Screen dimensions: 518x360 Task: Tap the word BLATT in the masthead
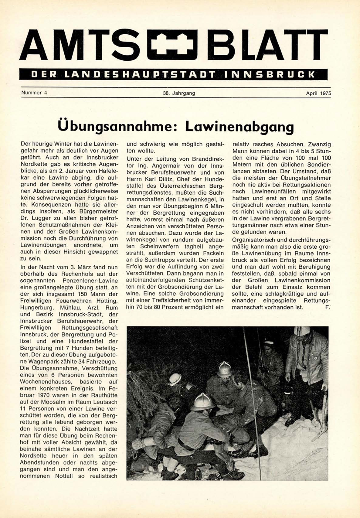[267, 45]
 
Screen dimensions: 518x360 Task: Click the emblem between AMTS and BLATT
[172, 45]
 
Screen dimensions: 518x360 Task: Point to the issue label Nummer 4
[34, 93]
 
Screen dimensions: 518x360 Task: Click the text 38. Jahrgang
[179, 93]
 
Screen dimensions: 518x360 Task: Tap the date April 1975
[318, 93]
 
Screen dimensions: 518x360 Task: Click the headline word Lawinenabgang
[239, 127]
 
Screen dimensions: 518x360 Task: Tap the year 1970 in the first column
[47, 395]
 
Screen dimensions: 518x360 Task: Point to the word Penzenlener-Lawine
[87, 280]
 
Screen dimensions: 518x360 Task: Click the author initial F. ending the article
[327, 307]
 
